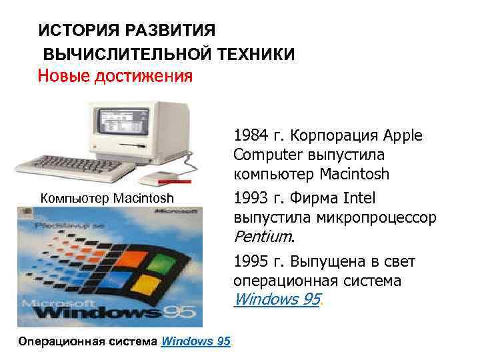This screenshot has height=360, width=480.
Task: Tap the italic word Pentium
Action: click(x=263, y=237)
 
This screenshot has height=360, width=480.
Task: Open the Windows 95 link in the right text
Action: click(x=277, y=299)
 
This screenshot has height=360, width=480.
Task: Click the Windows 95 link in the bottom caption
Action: click(x=196, y=341)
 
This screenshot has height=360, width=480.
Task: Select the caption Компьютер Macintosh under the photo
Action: click(x=107, y=197)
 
